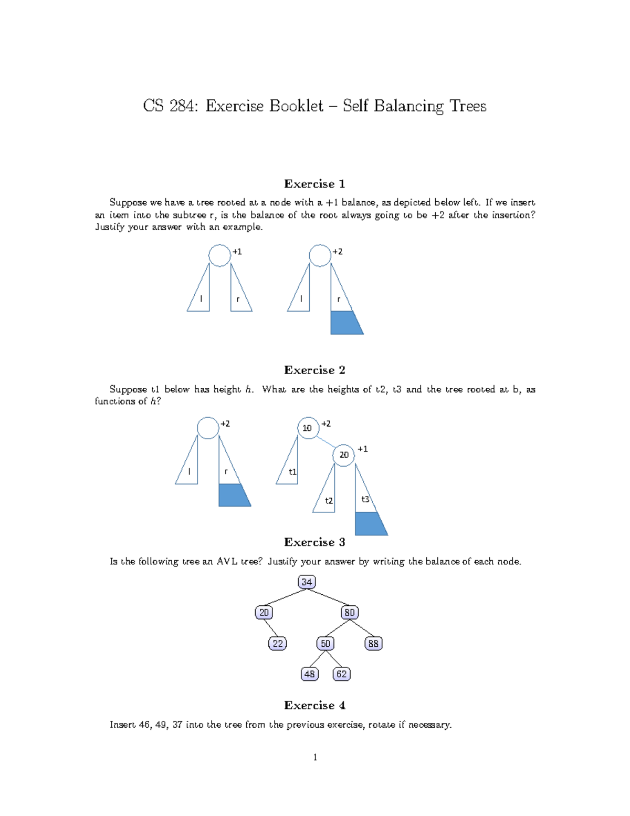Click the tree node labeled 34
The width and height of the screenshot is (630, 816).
click(307, 582)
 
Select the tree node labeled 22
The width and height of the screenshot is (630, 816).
click(277, 643)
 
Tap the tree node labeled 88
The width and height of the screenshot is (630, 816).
click(373, 643)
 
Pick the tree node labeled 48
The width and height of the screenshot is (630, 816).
click(310, 674)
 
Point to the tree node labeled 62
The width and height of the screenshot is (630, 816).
click(342, 674)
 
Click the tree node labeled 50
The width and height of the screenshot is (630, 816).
click(325, 643)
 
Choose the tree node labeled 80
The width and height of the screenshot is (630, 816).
click(350, 612)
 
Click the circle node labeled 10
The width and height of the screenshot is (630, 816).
click(308, 428)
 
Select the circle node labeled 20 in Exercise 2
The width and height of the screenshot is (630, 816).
click(343, 455)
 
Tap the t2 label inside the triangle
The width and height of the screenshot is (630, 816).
click(329, 501)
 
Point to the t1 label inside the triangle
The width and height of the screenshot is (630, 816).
click(292, 472)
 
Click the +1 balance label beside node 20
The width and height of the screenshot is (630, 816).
click(363, 449)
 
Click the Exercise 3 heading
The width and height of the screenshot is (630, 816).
click(314, 542)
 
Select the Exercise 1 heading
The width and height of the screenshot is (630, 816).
click(314, 183)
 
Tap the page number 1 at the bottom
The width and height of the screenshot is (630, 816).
click(315, 757)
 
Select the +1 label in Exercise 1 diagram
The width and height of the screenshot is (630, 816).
click(237, 252)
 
